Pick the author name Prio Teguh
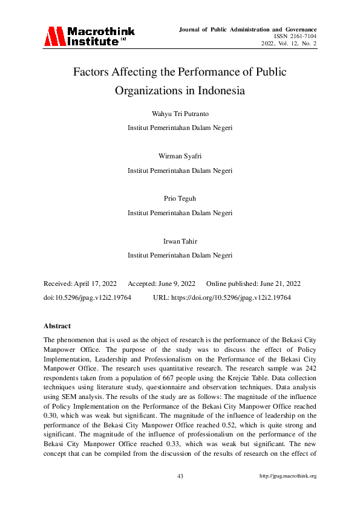click(x=180, y=198)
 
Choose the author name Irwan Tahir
click(x=180, y=241)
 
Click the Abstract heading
click(x=57, y=326)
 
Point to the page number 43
click(x=180, y=476)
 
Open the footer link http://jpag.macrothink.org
click(x=287, y=476)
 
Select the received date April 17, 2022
click(x=96, y=284)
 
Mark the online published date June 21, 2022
click(x=283, y=284)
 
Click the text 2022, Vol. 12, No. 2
click(x=289, y=44)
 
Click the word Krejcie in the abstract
click(x=237, y=375)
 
